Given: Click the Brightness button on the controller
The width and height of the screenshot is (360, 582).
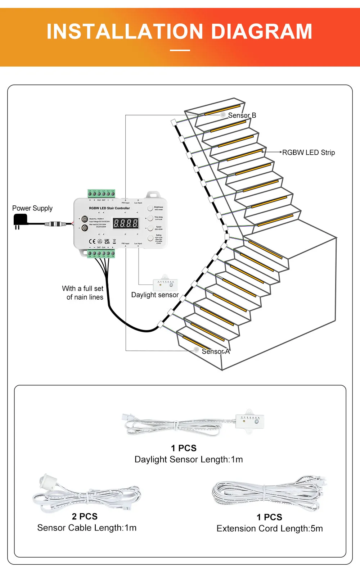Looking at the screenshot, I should [150, 208].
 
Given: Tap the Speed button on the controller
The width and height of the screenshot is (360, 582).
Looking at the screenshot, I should [150, 228].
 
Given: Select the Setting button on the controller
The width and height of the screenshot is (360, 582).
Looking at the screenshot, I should [150, 238].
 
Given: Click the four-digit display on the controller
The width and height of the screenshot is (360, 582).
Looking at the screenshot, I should [126, 223].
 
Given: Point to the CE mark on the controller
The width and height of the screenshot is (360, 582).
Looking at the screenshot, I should [92, 241].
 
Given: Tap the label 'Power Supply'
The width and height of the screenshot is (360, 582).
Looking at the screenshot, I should [32, 208].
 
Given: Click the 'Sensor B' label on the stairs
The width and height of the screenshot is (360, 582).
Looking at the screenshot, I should [242, 115].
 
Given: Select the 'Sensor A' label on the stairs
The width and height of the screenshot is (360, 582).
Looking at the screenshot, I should [216, 351].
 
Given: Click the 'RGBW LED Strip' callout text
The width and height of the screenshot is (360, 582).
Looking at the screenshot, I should [309, 153].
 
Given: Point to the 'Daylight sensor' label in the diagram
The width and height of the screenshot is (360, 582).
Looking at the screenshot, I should [155, 295].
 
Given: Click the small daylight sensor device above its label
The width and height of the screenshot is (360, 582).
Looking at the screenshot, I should [165, 284].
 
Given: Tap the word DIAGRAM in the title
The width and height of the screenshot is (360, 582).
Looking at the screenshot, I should [261, 32].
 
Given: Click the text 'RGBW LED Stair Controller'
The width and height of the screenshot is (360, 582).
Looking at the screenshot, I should [109, 208].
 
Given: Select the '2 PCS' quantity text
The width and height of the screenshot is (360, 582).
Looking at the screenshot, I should [85, 517].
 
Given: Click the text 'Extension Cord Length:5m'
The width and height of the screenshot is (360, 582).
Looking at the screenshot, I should [270, 528].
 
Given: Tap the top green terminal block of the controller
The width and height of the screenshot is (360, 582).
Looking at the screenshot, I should [102, 194].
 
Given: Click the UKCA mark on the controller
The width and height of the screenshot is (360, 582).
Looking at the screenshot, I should [107, 241].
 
